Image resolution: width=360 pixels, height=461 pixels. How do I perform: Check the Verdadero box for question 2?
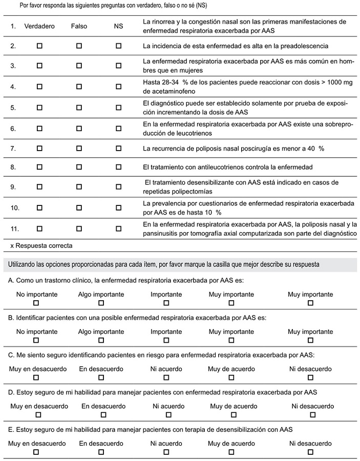[39, 46]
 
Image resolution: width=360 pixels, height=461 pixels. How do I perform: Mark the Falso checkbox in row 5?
[79, 108]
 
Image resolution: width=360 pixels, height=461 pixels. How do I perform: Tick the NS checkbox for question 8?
[119, 167]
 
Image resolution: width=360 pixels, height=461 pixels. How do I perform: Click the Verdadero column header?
[39, 26]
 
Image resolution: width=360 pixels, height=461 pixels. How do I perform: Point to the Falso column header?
[79, 26]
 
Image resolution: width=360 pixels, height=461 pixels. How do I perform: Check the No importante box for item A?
[36, 303]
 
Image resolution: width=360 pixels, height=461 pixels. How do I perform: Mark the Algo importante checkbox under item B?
[101, 340]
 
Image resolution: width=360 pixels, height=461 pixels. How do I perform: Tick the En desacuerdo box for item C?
[101, 378]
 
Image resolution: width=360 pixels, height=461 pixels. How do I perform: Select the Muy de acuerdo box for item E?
[231, 452]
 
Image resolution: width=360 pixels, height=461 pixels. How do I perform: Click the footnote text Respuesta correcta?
[44, 245]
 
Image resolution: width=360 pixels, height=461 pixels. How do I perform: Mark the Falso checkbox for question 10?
[79, 208]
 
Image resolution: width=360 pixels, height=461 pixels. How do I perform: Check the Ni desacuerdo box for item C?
[310, 378]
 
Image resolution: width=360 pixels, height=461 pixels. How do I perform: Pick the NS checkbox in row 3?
[119, 66]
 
